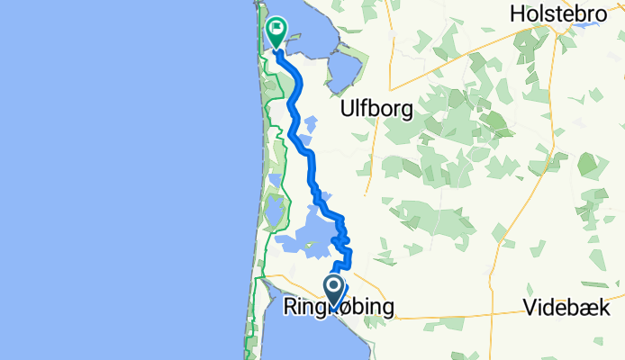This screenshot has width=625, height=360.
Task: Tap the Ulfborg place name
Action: (x=376, y=109)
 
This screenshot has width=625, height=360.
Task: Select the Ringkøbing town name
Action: (x=339, y=309)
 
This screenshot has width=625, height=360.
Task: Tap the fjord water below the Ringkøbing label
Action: (x=306, y=337)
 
